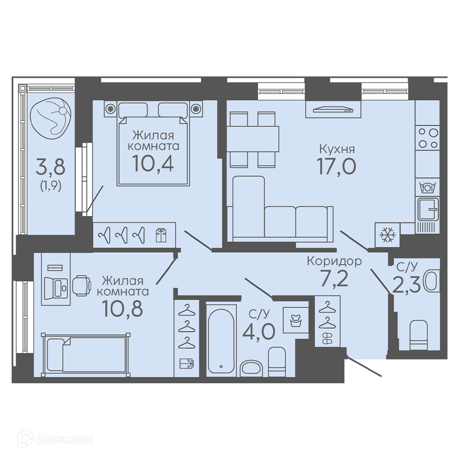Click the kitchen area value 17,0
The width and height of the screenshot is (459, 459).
coord(336,166)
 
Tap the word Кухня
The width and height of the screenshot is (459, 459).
coord(337,149)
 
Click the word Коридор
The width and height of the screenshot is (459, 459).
coord(334,261)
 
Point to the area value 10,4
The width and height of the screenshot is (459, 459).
coord(153,163)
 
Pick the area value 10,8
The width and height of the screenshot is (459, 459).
coord(123,308)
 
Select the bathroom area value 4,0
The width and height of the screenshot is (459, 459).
coord(259,331)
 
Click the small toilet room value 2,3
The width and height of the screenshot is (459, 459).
coord(406,285)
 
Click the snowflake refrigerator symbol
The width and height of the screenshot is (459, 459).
coord(387,235)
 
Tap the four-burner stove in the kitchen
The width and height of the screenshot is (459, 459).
coord(428,139)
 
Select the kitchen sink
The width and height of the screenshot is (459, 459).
coord(428,209)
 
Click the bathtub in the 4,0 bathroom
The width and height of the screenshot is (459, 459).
coord(221,340)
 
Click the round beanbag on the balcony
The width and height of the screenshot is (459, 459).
coord(50,116)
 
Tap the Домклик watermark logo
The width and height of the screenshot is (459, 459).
coord(56,439)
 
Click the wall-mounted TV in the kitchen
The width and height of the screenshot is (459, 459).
coord(333,110)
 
